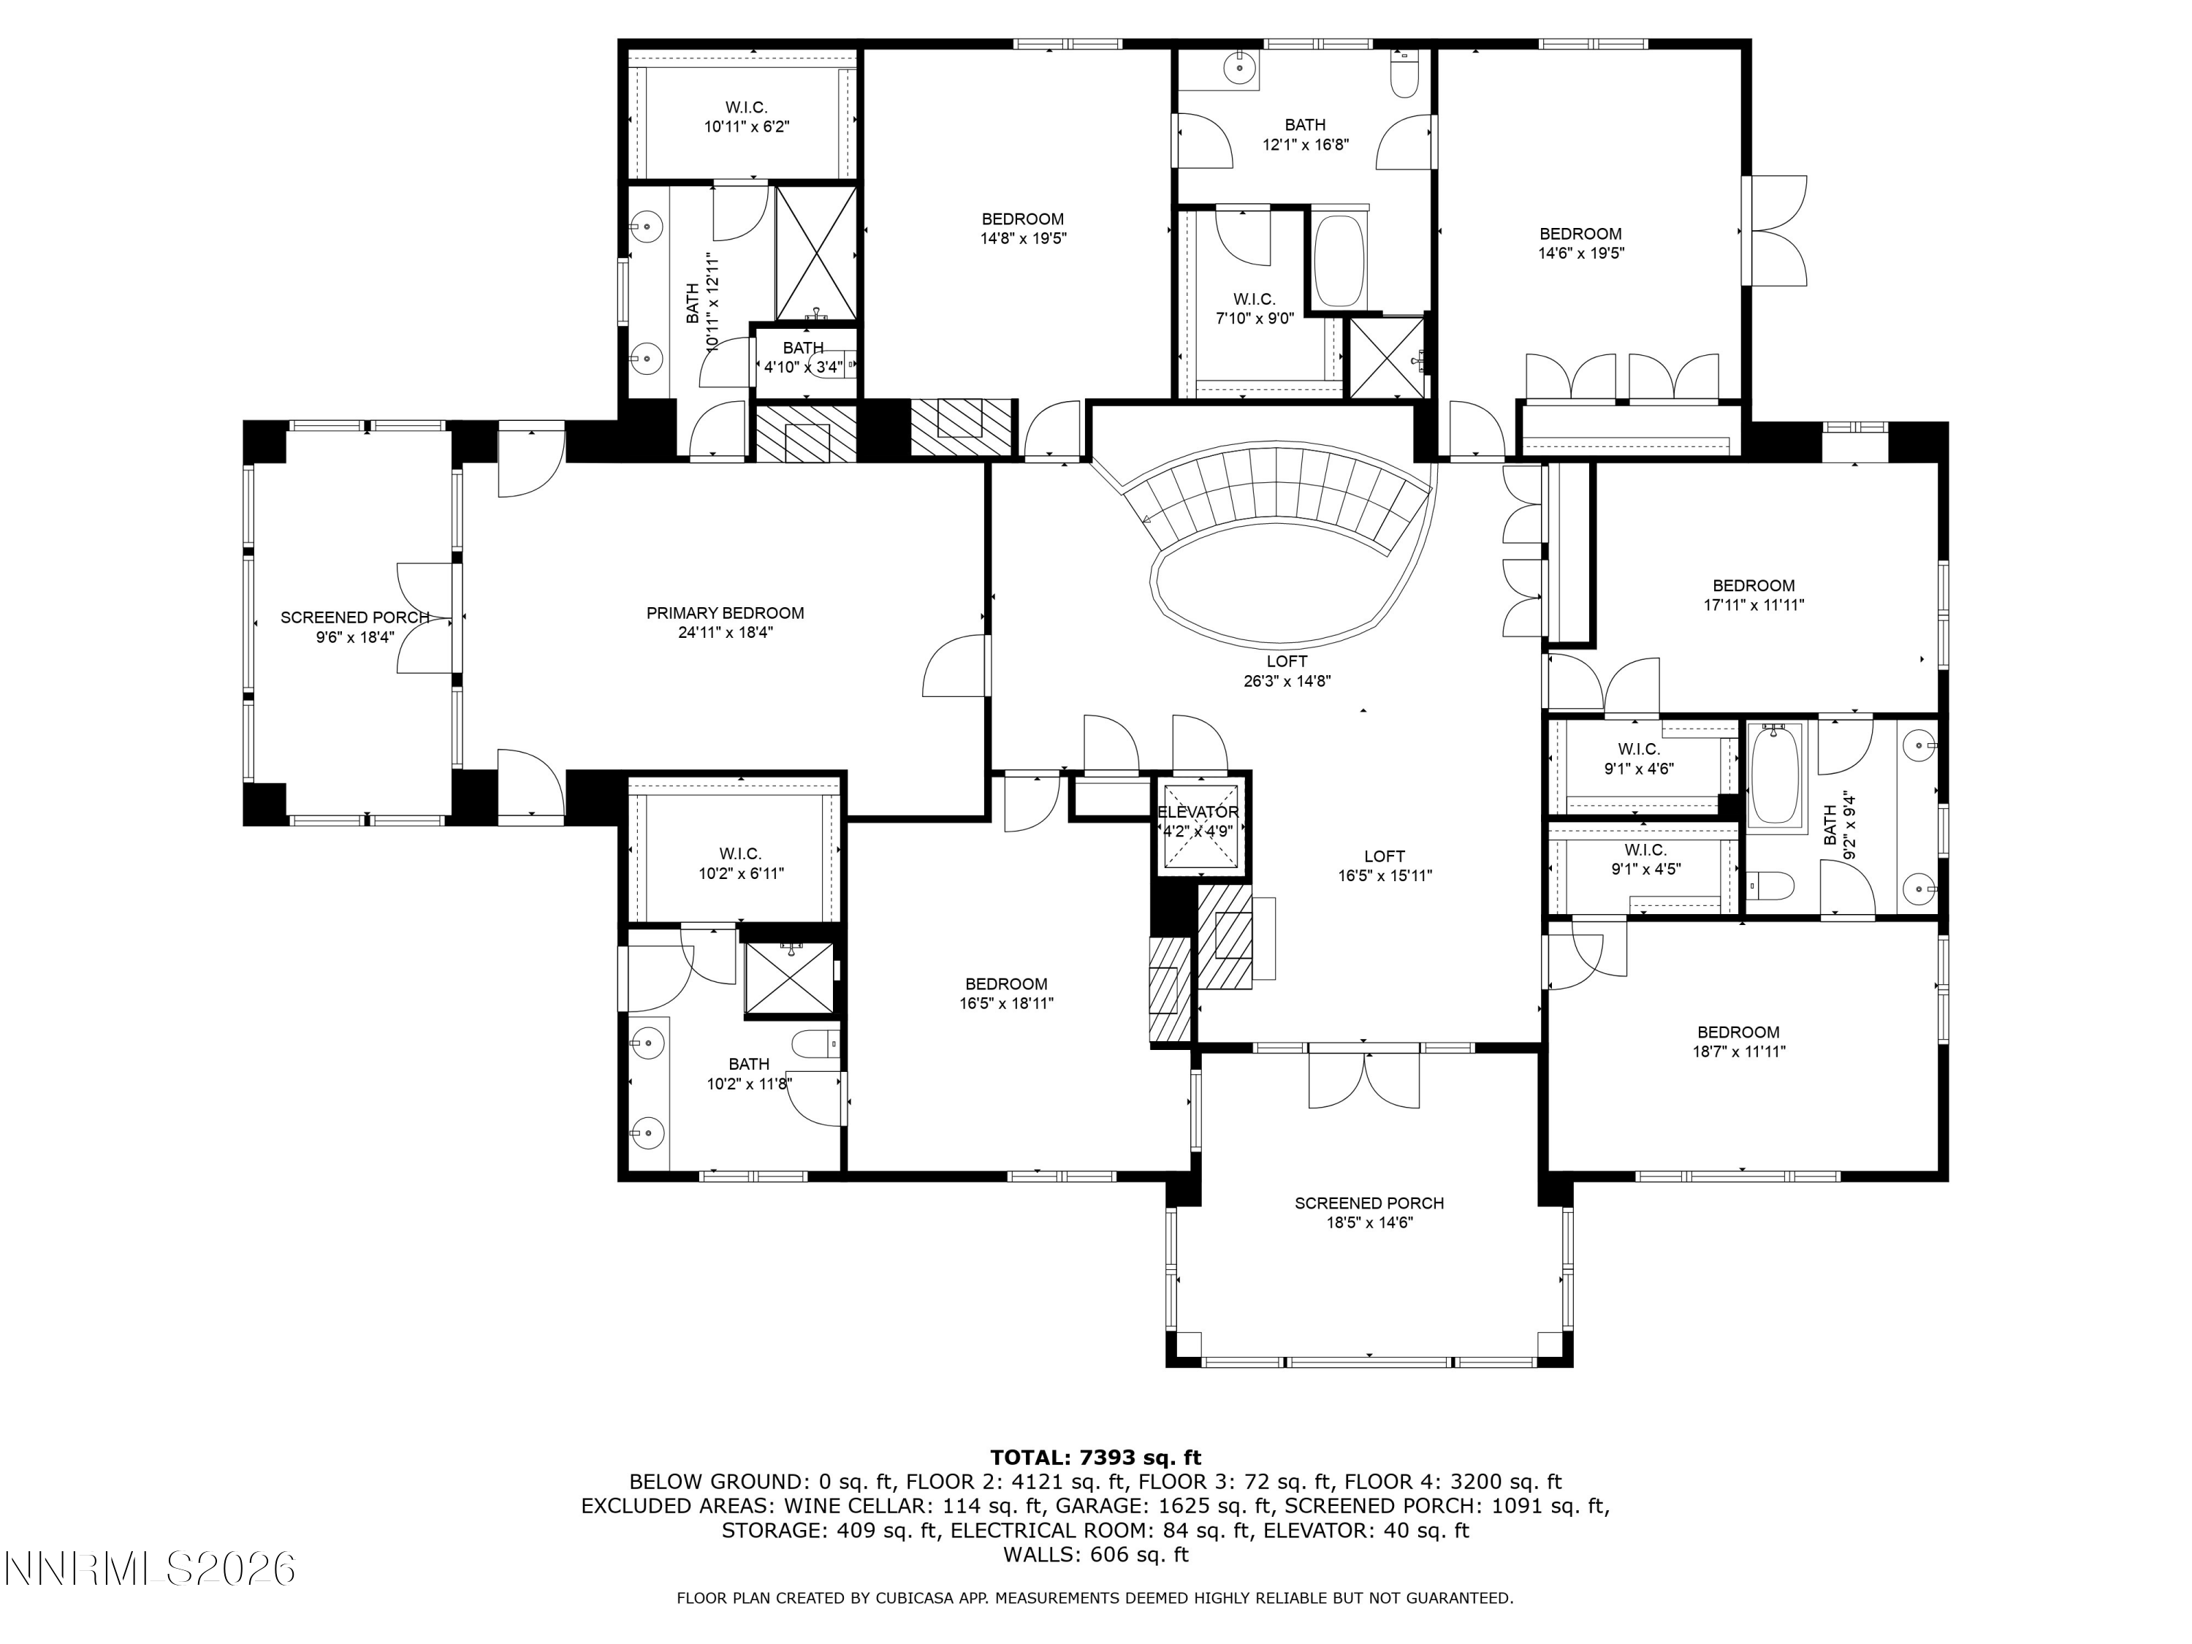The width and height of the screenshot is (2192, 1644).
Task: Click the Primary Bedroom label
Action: coord(726,614)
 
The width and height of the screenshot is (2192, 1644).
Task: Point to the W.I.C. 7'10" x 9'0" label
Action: coord(1255,308)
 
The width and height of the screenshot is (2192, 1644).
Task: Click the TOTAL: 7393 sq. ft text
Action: coord(1095,1457)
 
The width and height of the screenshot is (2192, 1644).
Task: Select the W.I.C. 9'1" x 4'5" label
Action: coord(1645,859)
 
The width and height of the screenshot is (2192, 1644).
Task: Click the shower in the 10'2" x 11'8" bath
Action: coord(791,979)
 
